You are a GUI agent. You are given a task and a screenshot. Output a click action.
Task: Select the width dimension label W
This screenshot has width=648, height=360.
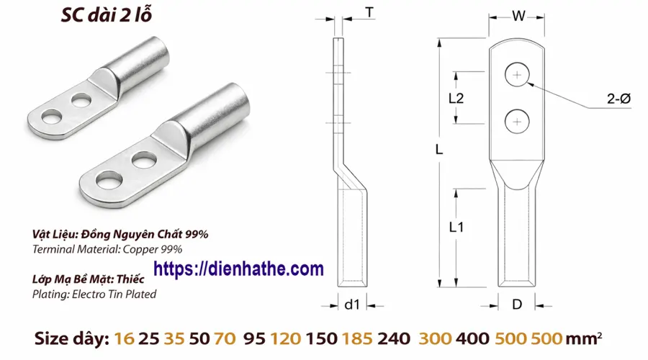click(517, 15)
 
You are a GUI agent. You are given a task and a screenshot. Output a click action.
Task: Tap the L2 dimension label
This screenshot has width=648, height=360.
click(455, 99)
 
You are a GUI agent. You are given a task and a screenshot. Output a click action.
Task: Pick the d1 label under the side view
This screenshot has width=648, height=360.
click(351, 305)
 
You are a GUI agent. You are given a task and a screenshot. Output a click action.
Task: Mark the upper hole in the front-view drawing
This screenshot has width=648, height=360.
click(517, 74)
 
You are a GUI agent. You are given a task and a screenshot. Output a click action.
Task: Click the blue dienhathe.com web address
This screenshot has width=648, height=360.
click(239, 269)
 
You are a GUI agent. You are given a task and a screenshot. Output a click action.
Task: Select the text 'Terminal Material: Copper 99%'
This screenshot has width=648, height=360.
click(107, 249)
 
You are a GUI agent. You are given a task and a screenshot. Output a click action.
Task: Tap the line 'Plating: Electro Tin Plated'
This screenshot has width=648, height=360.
click(94, 294)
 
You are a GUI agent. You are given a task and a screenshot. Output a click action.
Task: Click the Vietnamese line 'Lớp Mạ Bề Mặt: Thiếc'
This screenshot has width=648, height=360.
click(89, 279)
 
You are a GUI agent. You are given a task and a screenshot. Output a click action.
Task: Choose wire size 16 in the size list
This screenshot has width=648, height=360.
click(123, 337)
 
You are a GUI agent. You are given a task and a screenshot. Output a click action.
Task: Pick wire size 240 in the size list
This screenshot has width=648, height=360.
click(395, 337)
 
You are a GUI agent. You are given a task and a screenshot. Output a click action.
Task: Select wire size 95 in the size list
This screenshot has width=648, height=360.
click(255, 337)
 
